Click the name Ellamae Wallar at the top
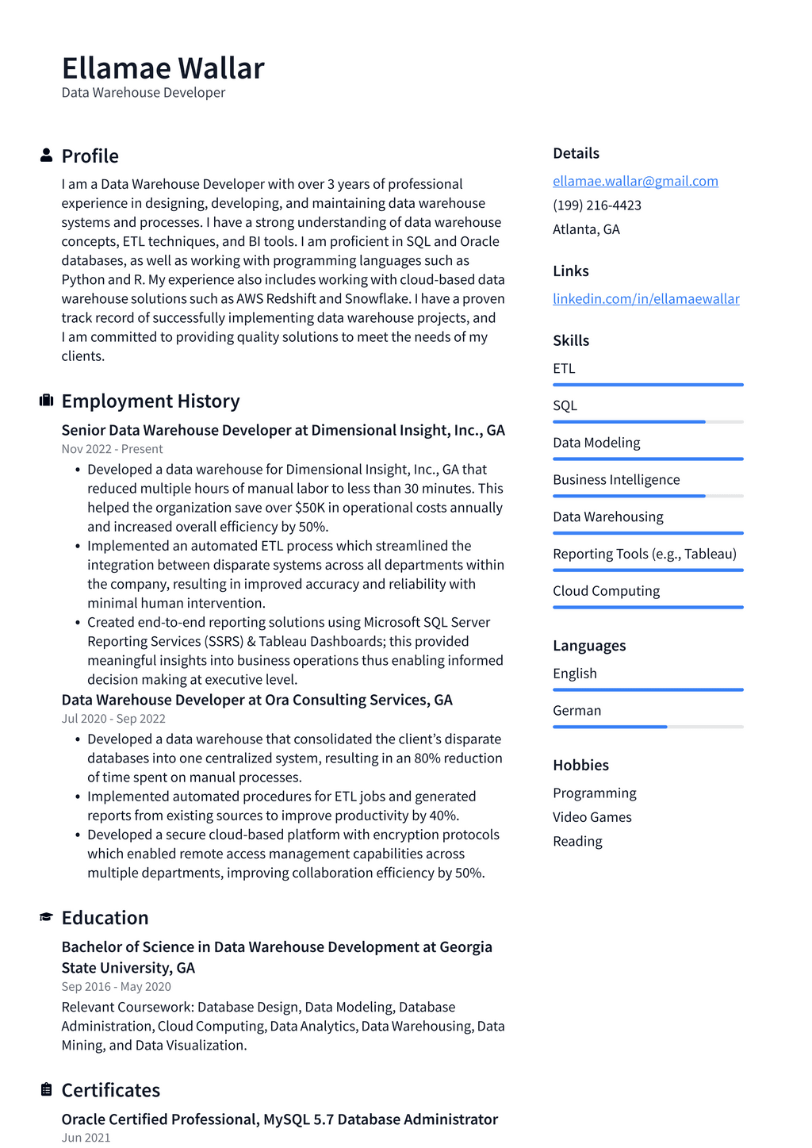coord(163,68)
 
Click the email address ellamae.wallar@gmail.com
coord(635,181)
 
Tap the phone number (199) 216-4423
coord(596,205)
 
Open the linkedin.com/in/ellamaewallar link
coord(645,298)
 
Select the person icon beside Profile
coord(46,155)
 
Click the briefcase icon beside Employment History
coord(46,401)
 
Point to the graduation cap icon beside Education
coord(46,917)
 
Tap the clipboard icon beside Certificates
coord(46,1089)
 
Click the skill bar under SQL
coord(648,421)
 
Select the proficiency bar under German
coord(648,727)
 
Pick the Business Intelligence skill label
coord(616,479)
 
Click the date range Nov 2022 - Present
coord(112,449)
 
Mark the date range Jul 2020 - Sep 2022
coord(113,719)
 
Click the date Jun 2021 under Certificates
coord(86,1137)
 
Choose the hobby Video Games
coord(592,816)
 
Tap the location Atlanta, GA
coord(586,229)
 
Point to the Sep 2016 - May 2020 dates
coord(116,986)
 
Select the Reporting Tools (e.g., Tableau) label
coord(644,554)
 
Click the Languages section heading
coord(589,645)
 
